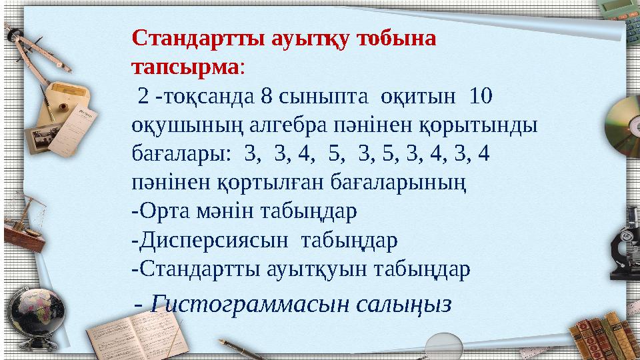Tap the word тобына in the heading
397,38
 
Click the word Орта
165,211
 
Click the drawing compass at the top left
30,50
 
